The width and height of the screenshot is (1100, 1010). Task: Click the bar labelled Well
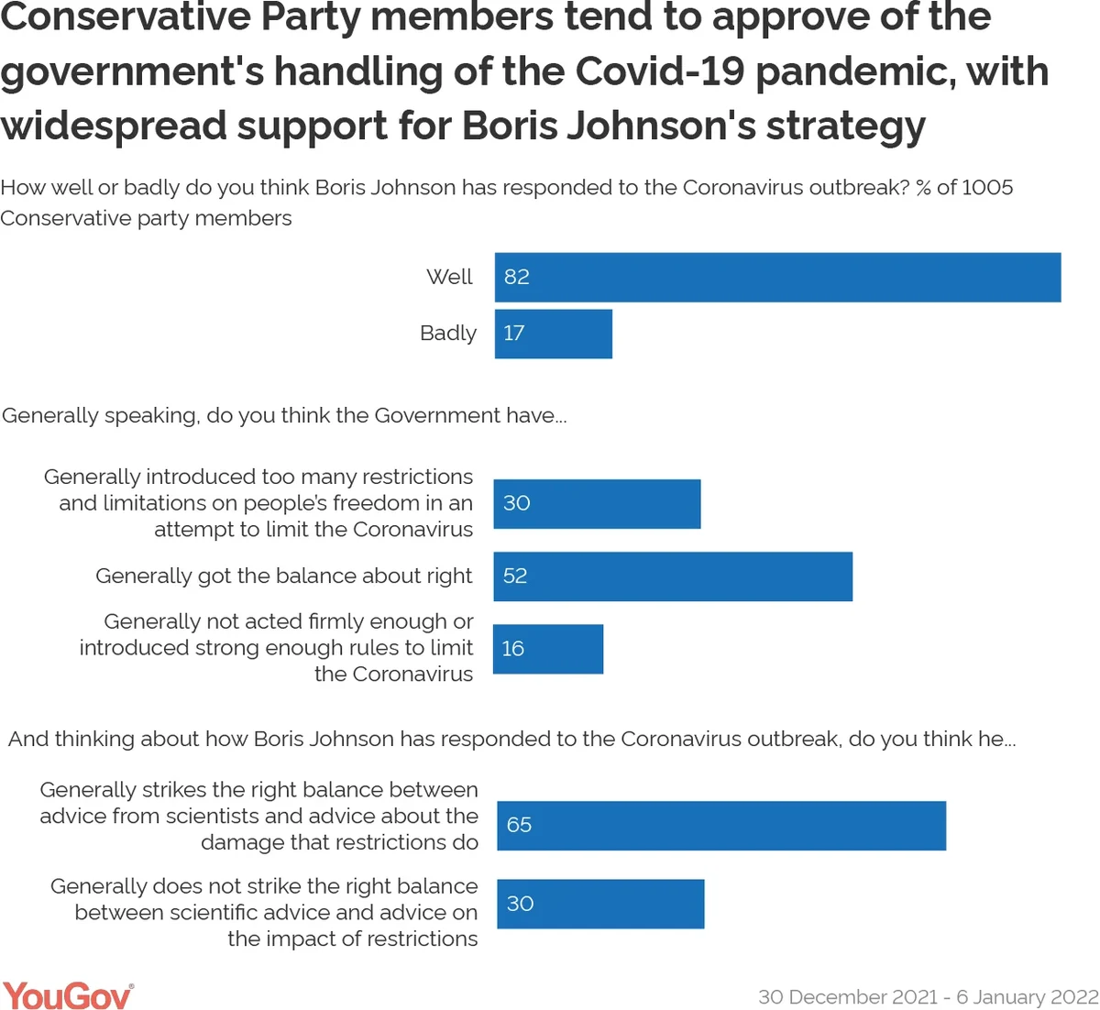[777, 277]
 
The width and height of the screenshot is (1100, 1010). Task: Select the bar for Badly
[554, 334]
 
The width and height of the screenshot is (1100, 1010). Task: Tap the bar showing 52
[673, 576]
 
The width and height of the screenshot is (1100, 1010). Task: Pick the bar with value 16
[548, 649]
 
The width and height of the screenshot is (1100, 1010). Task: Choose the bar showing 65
[721, 825]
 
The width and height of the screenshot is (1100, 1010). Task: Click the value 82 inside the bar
[517, 277]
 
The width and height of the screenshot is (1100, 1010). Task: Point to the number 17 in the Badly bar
[514, 334]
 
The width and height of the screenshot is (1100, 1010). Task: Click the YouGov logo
[68, 995]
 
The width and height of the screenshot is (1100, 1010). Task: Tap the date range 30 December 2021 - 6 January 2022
[928, 997]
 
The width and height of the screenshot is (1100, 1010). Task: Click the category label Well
[449, 277]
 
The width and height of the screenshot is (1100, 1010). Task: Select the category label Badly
[448, 334]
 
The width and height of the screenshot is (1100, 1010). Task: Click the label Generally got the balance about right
[284, 576]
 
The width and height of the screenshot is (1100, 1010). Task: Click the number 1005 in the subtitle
[987, 188]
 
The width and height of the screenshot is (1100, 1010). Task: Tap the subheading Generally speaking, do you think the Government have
[284, 416]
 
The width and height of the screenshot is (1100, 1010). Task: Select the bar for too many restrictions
[597, 503]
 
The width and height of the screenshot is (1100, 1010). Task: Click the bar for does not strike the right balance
[600, 904]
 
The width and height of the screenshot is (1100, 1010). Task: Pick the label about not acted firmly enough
[276, 648]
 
